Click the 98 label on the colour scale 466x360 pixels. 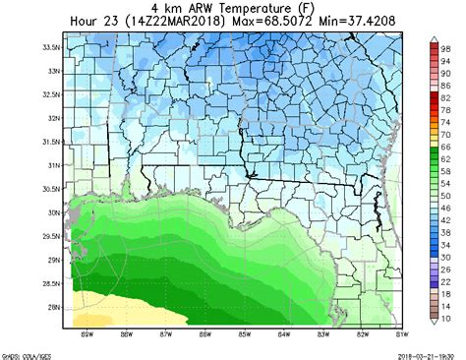click(x=446, y=47)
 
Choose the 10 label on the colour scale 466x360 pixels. click(x=446, y=319)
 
